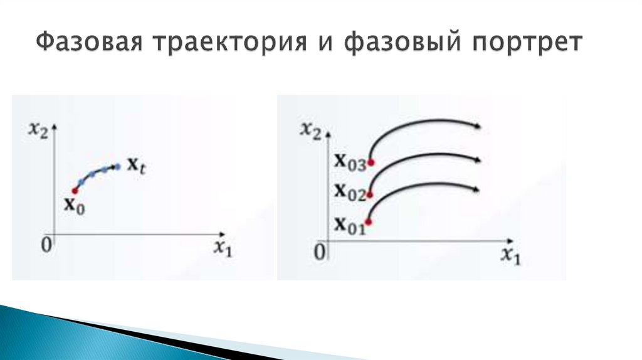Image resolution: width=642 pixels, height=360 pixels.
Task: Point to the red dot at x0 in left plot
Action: pos(75,190)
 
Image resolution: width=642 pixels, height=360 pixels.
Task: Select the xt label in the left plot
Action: pos(137,166)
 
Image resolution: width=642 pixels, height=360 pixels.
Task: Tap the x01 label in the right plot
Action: pos(349,223)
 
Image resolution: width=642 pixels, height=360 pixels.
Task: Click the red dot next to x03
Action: pos(371,163)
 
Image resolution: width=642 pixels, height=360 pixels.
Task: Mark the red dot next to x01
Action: pos(369,221)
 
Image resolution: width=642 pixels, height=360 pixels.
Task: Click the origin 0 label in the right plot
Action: pos(320,252)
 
